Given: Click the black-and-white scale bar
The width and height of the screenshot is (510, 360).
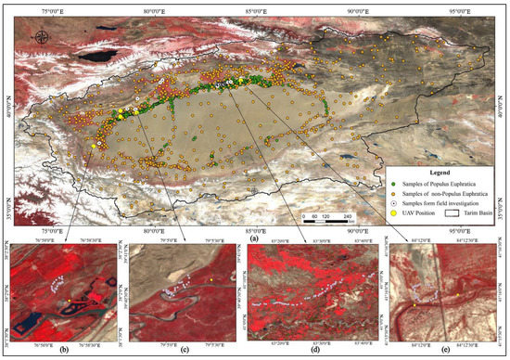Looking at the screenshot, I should [326, 223].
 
